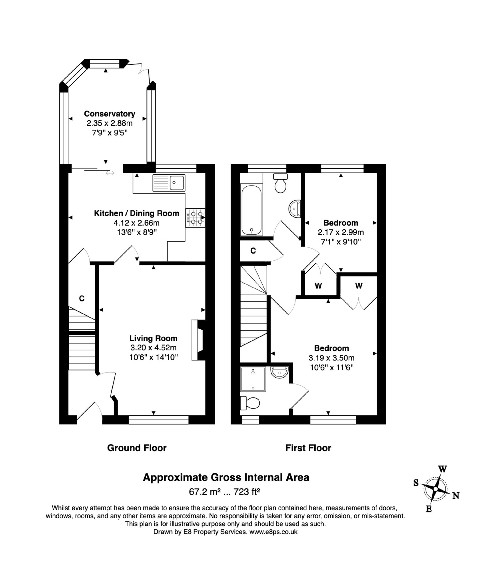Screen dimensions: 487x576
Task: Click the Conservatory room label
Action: [110, 114]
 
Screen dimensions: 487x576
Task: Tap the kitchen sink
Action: [169, 183]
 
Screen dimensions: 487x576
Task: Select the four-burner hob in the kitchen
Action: [195, 218]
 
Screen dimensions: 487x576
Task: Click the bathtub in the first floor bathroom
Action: [251, 210]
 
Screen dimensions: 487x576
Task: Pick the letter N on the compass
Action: [456, 496]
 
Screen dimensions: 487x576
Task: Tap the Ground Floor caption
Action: [137, 448]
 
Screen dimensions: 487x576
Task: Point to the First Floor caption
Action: [308, 448]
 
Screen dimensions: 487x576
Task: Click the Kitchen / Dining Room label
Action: [137, 213]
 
